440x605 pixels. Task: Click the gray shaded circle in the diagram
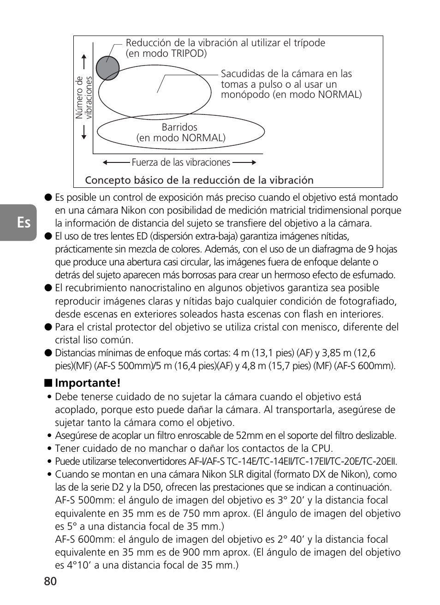tap(107, 68)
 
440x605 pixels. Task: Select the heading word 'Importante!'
tap(88, 383)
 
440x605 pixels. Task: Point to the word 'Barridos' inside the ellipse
tap(179, 127)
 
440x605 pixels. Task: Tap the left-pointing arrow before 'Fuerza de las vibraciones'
tap(115, 162)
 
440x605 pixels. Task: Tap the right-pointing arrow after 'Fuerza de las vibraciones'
tap(244, 162)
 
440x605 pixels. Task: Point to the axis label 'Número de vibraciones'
tap(84, 97)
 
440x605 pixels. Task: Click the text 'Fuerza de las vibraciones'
tap(181, 162)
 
